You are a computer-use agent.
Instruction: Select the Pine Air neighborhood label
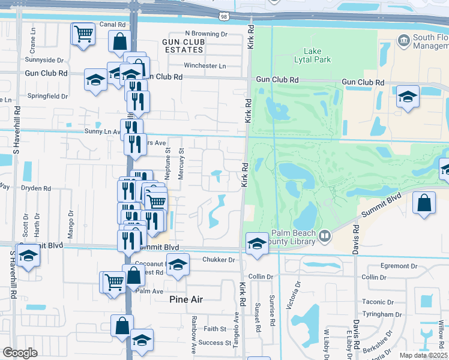pos(187,299)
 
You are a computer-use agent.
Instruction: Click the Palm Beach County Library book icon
pos(325,234)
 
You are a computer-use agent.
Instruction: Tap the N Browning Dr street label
pos(206,34)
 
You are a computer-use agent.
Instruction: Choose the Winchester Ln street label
pos(205,65)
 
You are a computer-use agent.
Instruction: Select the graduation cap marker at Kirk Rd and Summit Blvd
pos(257,244)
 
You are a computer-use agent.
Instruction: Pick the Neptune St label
pos(168,161)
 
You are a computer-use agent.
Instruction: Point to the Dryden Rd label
pos(36,188)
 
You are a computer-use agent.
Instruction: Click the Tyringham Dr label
pos(382,314)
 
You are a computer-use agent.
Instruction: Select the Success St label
pos(215,343)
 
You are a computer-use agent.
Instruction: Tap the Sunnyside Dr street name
pos(44,60)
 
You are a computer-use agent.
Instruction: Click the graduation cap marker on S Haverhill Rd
pos(28,256)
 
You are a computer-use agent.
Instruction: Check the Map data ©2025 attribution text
pos(423,355)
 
